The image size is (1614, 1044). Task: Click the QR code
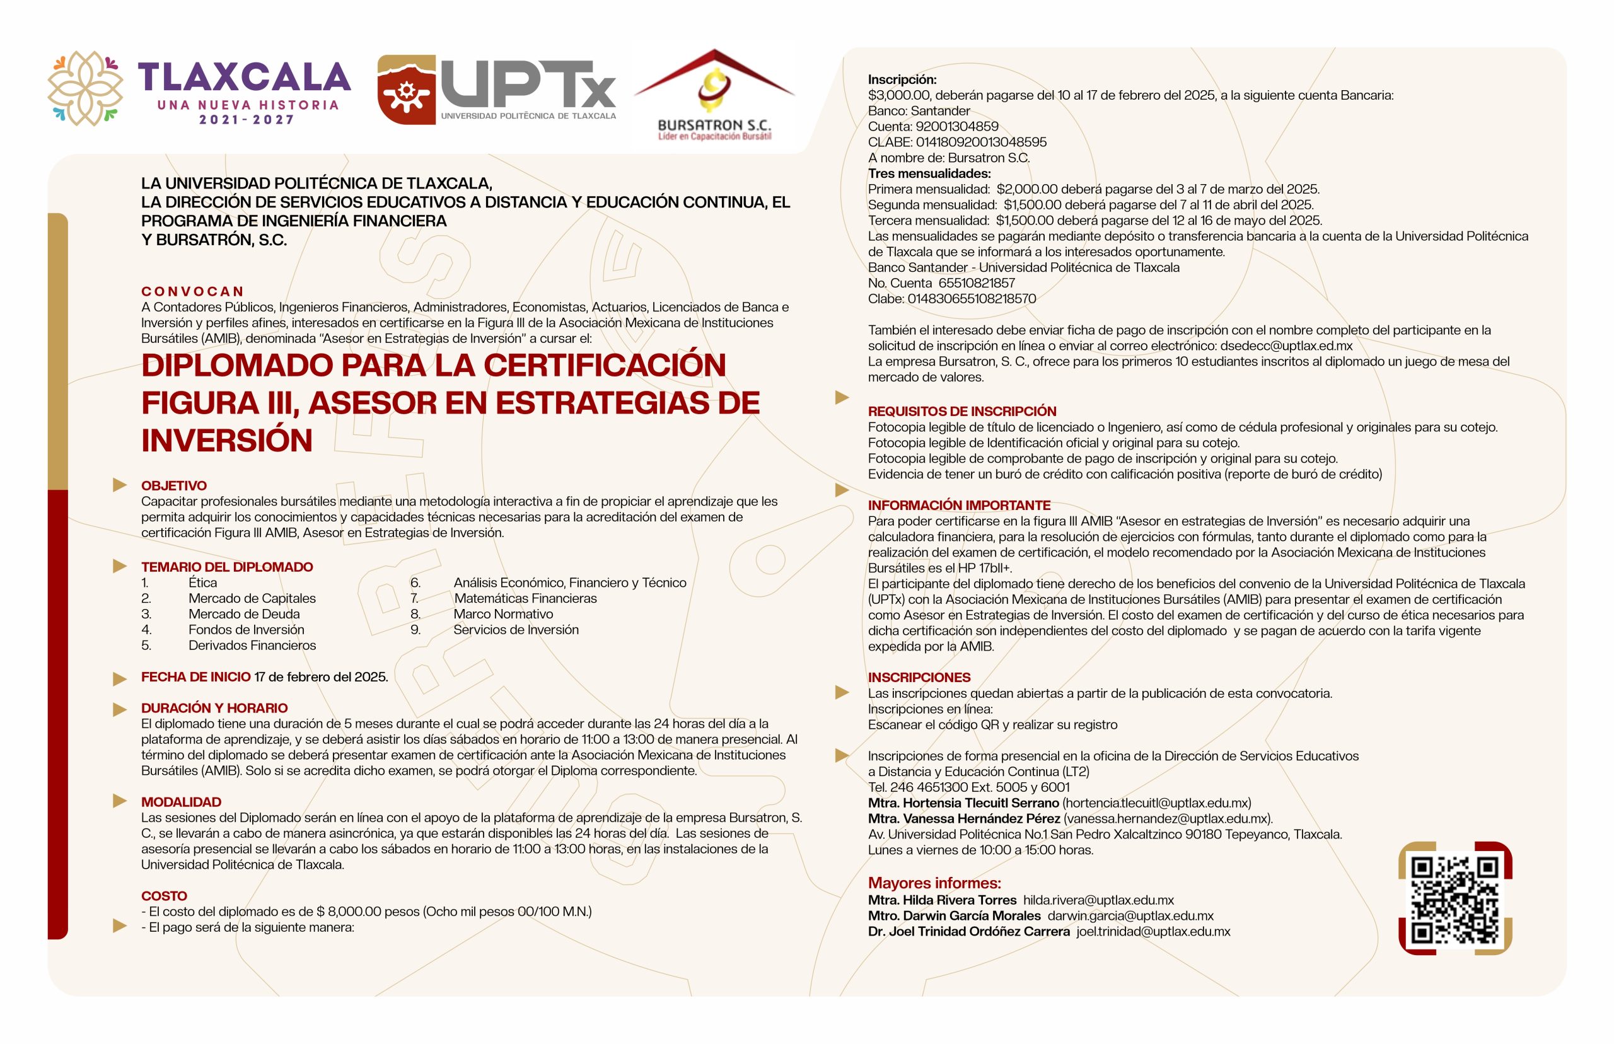(x=1454, y=899)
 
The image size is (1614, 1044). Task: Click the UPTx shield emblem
(x=406, y=90)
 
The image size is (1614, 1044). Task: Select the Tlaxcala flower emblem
(x=84, y=88)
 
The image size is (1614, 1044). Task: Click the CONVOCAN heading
(x=192, y=291)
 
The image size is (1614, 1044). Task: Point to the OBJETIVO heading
(x=173, y=485)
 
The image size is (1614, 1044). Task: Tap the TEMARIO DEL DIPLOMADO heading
(x=226, y=567)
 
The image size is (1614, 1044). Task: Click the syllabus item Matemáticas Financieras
(x=525, y=598)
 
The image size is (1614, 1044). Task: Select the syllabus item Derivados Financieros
(x=252, y=646)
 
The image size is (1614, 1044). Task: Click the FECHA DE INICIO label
(x=195, y=676)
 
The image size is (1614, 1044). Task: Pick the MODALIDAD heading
(x=180, y=802)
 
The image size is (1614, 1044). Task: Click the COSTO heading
(x=163, y=896)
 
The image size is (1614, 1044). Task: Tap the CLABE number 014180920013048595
(x=981, y=142)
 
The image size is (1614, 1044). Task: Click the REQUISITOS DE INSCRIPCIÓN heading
(x=961, y=412)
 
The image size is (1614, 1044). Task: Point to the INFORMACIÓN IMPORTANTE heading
(x=958, y=505)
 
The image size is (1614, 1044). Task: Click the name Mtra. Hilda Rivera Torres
(x=941, y=900)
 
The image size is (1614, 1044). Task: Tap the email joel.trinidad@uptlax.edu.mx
(x=1152, y=931)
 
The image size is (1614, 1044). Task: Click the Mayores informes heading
(x=934, y=883)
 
